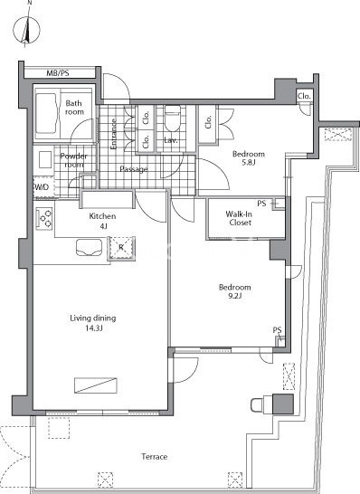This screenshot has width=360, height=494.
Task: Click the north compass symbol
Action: (x=26, y=31)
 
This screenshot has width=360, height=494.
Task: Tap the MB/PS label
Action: (x=58, y=73)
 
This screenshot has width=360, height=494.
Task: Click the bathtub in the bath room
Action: (x=46, y=113)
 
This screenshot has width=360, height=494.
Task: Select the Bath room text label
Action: (x=74, y=108)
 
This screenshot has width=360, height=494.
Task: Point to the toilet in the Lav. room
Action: (x=173, y=119)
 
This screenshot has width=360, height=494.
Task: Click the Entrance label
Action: (x=114, y=134)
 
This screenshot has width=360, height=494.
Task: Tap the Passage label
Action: (x=134, y=169)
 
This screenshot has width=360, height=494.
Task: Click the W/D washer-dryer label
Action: (x=42, y=187)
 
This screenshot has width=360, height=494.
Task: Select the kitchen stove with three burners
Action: (x=44, y=218)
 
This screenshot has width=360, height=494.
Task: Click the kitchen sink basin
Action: (x=90, y=247)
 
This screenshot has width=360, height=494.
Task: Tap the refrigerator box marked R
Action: (x=121, y=248)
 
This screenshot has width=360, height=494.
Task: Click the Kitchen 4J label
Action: (x=102, y=221)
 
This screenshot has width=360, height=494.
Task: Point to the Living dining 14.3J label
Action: (x=93, y=323)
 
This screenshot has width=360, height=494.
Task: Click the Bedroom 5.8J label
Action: (x=249, y=158)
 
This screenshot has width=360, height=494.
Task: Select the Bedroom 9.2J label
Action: (x=235, y=291)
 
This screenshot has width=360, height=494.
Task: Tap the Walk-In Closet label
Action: (x=240, y=218)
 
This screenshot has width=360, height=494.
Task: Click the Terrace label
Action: (x=155, y=457)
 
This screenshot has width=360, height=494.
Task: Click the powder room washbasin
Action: (x=45, y=159)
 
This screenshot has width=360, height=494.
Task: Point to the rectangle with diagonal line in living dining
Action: (x=96, y=385)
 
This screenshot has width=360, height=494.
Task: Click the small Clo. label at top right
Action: (x=304, y=97)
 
